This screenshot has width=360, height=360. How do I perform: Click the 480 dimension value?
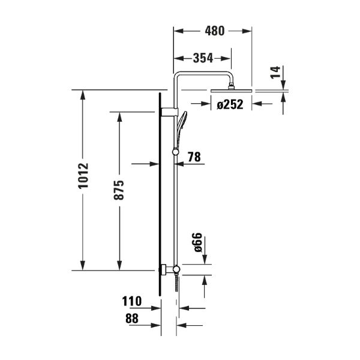click(x=215, y=31)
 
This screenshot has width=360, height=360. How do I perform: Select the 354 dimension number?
click(x=203, y=58)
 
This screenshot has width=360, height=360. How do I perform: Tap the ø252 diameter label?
click(x=230, y=104)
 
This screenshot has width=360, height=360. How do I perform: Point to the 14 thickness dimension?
click(x=275, y=73)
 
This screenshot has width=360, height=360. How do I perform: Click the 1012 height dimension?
click(x=83, y=176)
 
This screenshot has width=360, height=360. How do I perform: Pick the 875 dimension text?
click(x=119, y=190)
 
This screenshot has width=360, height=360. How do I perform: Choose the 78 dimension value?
click(x=194, y=157)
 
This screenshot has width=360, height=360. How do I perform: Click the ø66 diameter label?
click(x=197, y=242)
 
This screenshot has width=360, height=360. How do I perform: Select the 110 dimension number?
click(x=132, y=301)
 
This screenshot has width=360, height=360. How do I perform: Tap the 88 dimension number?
click(x=132, y=319)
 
